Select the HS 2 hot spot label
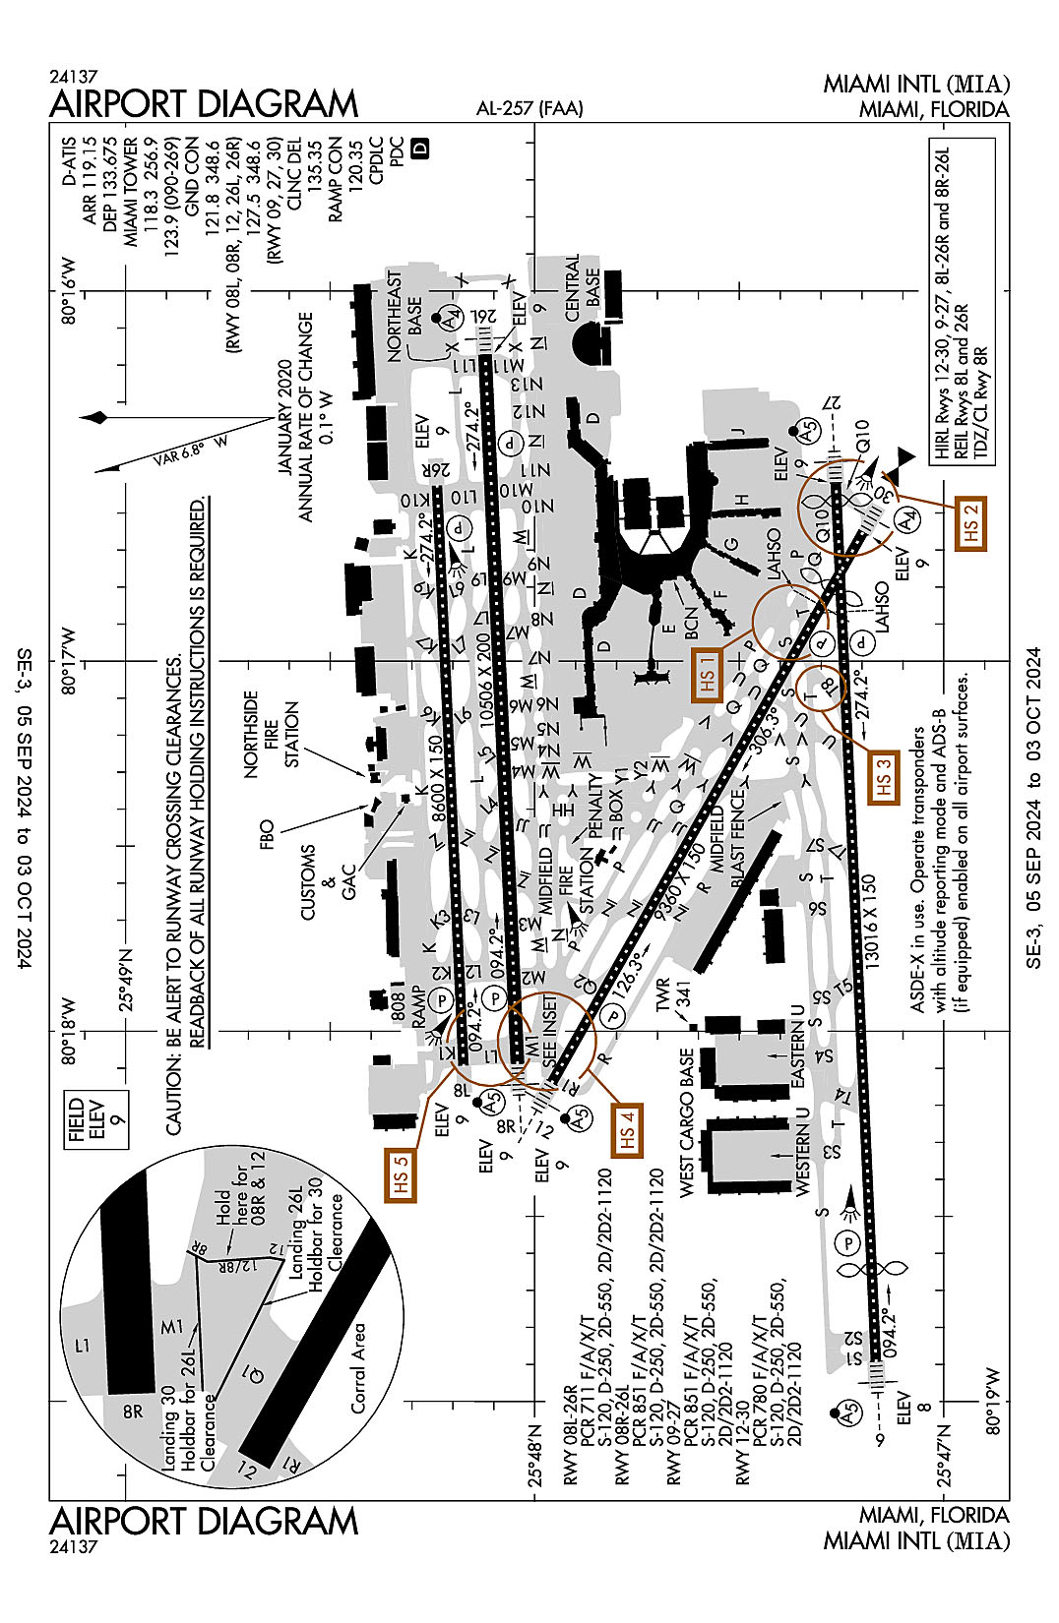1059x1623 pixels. click(971, 523)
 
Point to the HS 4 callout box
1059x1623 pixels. click(627, 1129)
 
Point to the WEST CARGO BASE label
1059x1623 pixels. click(687, 1121)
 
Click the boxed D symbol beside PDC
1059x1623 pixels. click(420, 149)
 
